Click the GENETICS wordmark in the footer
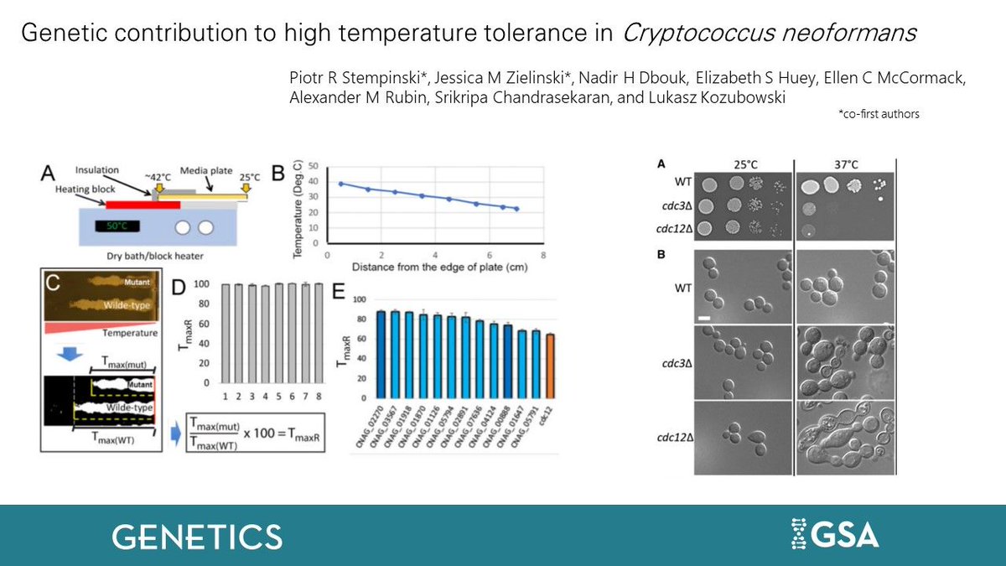pyautogui.click(x=197, y=536)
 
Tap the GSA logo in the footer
pyautogui.click(x=835, y=534)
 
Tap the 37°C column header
pyautogui.click(x=845, y=164)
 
